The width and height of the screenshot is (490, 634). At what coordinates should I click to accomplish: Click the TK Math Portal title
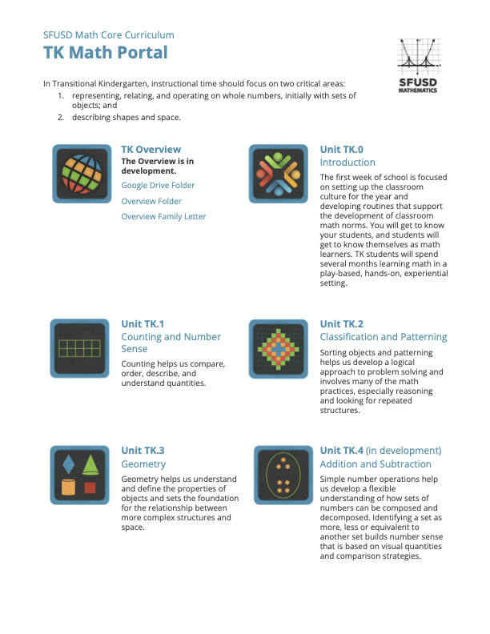(x=106, y=53)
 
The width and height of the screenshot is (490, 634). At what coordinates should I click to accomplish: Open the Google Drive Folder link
(x=158, y=185)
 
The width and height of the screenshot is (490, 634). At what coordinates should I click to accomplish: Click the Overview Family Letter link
(x=163, y=217)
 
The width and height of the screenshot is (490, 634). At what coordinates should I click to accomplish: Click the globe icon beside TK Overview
(x=80, y=173)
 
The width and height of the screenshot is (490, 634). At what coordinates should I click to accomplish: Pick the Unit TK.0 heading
(x=342, y=150)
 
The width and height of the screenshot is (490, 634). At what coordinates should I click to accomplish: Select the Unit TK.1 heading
(x=143, y=324)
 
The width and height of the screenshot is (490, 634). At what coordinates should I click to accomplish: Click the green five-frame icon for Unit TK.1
(x=80, y=347)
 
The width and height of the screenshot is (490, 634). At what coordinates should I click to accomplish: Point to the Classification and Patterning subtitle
(x=384, y=337)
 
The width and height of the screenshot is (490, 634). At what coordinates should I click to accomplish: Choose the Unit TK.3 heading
(x=143, y=451)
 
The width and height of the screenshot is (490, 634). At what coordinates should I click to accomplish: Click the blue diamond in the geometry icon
(x=69, y=464)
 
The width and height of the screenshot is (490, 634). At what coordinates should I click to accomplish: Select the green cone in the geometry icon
(x=90, y=464)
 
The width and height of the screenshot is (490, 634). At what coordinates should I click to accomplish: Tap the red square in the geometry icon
(x=90, y=488)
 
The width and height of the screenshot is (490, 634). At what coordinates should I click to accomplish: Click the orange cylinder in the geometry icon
(x=69, y=487)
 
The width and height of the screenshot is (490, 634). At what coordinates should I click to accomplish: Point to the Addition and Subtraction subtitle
(x=376, y=464)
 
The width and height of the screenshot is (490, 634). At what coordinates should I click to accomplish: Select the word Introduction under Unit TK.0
(x=347, y=163)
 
